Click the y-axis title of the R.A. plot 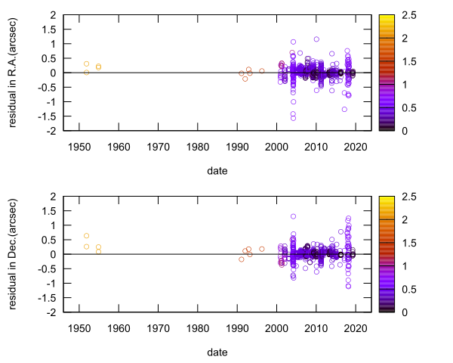(14, 73)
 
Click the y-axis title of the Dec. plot (14, 254)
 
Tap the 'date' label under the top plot (217, 171)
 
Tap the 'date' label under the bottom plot (217, 352)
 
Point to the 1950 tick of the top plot (79, 146)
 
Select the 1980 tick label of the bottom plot (197, 327)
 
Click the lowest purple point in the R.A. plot (293, 118)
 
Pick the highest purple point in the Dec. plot (293, 216)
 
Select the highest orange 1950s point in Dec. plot (86, 236)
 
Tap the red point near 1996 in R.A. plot (261, 71)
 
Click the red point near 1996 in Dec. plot (261, 249)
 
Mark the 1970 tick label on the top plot (158, 146)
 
